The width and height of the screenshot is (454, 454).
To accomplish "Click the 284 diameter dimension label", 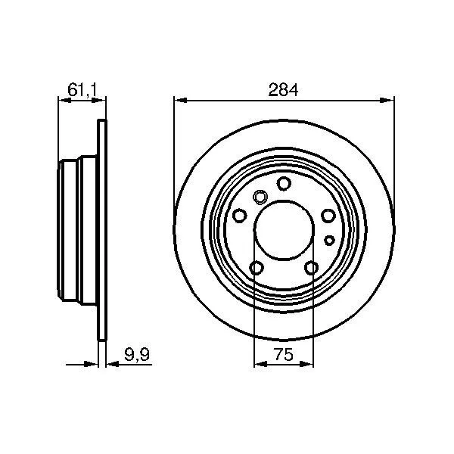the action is tap(283, 90).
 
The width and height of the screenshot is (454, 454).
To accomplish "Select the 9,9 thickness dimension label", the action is tap(137, 354).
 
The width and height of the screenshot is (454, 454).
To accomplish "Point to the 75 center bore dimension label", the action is tap(284, 354).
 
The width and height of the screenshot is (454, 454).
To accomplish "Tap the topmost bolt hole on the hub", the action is tap(284, 183).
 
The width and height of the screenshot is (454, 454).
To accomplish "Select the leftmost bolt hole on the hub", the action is tap(240, 216).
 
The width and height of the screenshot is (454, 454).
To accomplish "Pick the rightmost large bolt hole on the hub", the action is tap(328, 216).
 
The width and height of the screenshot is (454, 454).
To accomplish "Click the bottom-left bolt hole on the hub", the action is tap(257, 268).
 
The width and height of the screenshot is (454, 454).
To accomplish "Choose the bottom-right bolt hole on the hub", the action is tap(312, 268).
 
